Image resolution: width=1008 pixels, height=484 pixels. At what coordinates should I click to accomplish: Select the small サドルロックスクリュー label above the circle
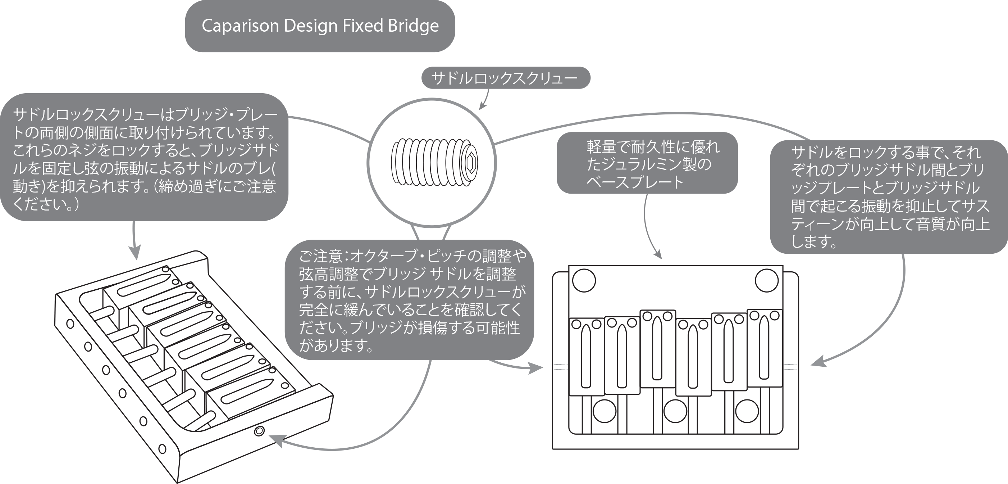(x=505, y=78)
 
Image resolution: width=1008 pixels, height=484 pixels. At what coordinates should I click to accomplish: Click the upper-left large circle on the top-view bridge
(x=584, y=280)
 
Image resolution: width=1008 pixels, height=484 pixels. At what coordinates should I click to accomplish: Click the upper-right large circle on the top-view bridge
(x=767, y=280)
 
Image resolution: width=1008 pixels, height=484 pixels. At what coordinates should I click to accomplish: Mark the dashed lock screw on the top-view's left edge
(x=560, y=367)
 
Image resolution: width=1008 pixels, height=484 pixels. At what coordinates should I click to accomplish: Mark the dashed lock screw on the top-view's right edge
(x=790, y=367)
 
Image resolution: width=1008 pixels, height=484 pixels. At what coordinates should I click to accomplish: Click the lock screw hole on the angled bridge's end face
(x=259, y=431)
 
